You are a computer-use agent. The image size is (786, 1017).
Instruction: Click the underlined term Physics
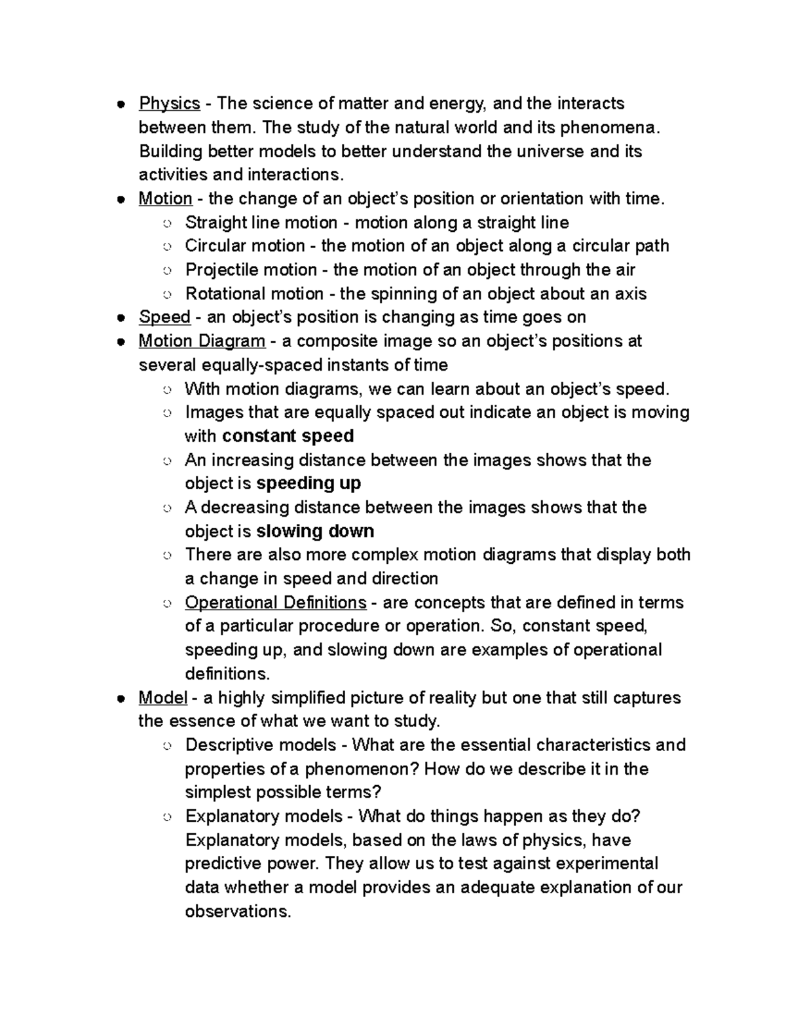tap(169, 103)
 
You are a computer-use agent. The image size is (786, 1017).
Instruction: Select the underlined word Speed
tap(164, 317)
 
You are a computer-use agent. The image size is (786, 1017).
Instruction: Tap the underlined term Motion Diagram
tap(202, 341)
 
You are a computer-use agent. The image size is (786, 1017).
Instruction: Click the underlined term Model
tap(162, 697)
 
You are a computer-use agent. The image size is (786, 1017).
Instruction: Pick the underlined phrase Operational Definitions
tap(275, 602)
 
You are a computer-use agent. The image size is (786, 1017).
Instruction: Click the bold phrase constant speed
tap(288, 436)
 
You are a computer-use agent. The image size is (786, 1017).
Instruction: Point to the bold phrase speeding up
tap(309, 483)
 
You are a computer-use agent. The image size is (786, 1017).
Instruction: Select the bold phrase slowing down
tap(315, 531)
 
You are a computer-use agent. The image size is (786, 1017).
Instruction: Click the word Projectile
tap(223, 270)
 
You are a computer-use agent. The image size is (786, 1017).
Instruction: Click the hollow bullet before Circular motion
tap(167, 247)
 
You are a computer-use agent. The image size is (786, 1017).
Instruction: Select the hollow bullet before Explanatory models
tap(167, 817)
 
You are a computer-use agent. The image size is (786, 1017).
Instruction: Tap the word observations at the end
tap(236, 911)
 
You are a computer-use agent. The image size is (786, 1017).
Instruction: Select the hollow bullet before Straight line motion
tap(167, 223)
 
